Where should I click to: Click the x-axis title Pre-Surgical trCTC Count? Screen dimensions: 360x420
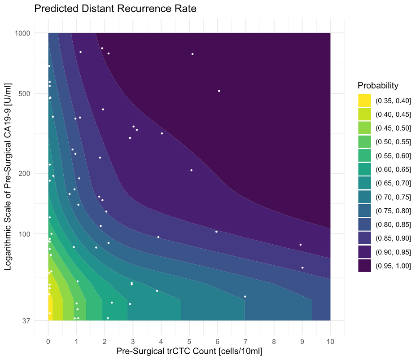pyautogui.click(x=189, y=351)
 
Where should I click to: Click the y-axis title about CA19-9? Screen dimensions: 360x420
pyautogui.click(x=9, y=176)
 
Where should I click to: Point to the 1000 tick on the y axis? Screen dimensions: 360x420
pyautogui.click(x=22, y=33)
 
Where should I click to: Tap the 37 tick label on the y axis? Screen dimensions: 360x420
pyautogui.click(x=26, y=320)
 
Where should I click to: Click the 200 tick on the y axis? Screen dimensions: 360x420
pyautogui.click(x=24, y=173)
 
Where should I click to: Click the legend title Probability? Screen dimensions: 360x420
pyautogui.click(x=378, y=85)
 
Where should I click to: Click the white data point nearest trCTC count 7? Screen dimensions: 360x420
pyautogui.click(x=245, y=297)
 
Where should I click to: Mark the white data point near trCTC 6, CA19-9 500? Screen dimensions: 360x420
pyautogui.click(x=219, y=91)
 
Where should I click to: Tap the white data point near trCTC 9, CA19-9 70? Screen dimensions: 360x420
pyautogui.click(x=302, y=268)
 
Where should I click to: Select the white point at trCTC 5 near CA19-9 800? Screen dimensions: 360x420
pyautogui.click(x=192, y=54)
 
